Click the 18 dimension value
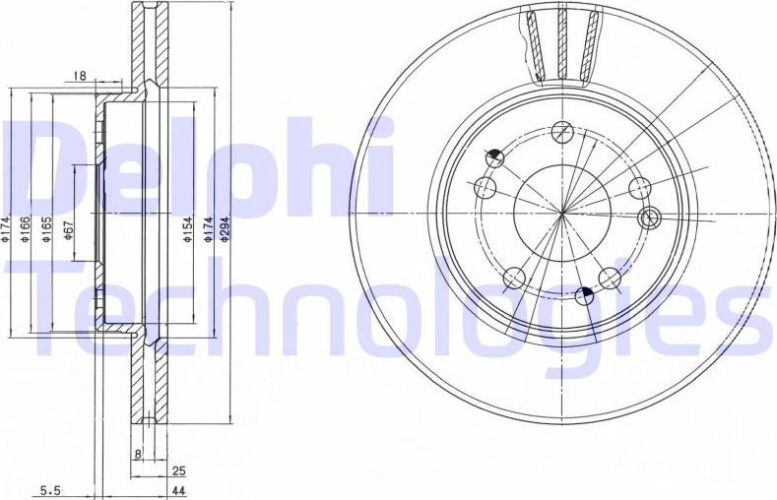coord(81,76)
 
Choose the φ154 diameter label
coord(185,230)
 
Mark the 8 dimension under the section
coord(138,455)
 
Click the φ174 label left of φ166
coord(8,230)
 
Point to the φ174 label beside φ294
coord(208,230)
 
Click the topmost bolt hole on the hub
coord(561,131)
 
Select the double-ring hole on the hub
coord(649,218)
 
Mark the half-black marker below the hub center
coord(587,293)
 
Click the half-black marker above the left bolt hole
coord(495,156)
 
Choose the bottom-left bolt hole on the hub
coord(513,280)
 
